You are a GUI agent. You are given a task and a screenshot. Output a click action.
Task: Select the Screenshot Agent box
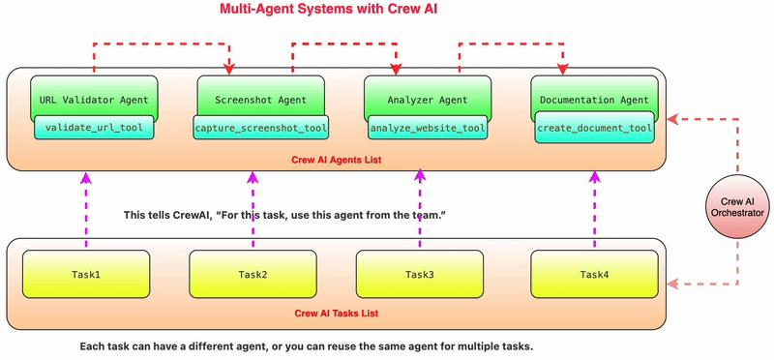[253, 99]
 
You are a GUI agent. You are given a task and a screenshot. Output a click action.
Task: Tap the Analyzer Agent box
[421, 99]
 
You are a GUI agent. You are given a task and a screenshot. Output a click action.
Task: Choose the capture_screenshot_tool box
[260, 128]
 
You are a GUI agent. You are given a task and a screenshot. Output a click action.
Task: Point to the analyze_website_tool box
[427, 128]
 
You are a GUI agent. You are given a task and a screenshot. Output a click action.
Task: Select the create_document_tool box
[594, 128]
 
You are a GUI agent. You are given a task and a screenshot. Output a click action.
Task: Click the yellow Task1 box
[87, 275]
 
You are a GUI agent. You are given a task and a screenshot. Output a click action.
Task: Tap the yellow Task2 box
[253, 275]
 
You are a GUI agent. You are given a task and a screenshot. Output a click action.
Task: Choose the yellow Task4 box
[594, 275]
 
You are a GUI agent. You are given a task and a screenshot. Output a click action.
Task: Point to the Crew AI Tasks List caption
[337, 314]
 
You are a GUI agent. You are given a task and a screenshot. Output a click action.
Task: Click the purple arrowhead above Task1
[86, 179]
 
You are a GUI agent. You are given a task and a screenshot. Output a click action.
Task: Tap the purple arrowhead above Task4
[593, 179]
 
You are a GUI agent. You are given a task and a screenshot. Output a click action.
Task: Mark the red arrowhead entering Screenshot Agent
[229, 68]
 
